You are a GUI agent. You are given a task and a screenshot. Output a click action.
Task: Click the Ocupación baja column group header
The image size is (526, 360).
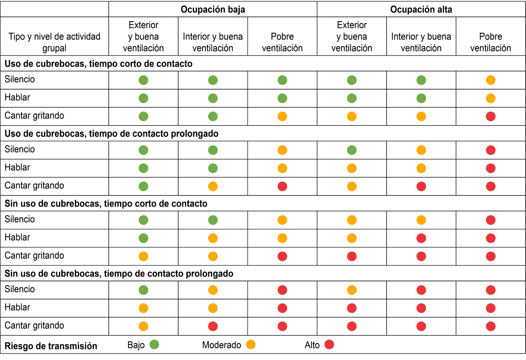[x=213, y=9]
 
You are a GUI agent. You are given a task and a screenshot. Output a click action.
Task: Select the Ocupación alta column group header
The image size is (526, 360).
[x=421, y=9]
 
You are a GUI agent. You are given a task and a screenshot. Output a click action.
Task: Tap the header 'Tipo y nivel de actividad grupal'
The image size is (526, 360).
[x=54, y=42]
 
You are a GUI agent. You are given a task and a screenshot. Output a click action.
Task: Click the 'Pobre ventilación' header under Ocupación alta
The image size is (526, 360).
[x=490, y=42]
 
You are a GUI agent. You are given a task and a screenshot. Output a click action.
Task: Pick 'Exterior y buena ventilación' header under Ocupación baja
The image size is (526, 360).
[x=143, y=37]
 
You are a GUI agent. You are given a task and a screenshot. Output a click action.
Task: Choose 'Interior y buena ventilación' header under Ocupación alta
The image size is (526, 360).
[x=421, y=42]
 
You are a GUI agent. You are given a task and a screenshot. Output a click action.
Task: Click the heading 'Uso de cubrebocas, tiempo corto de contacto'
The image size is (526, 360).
[x=98, y=64]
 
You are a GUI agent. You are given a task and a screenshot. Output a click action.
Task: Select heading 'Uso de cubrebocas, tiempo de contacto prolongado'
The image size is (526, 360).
[x=111, y=134]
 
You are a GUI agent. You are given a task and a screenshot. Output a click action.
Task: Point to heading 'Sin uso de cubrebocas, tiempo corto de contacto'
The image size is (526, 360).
[x=106, y=204]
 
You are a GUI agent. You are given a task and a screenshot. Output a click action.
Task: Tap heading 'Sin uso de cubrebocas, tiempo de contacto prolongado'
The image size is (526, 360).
[x=119, y=274]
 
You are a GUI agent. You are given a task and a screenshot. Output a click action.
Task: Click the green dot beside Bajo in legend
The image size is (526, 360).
[x=154, y=345]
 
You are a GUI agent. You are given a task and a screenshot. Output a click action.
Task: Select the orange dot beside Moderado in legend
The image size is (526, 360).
[x=251, y=345]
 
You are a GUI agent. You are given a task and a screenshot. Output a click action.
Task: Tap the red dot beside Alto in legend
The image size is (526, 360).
[x=329, y=345]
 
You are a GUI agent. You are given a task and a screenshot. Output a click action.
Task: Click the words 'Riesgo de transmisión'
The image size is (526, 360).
[x=51, y=346]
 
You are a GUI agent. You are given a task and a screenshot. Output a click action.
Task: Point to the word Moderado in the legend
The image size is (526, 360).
[x=222, y=345]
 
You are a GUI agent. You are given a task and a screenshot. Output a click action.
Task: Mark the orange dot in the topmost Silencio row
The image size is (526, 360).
[x=490, y=80]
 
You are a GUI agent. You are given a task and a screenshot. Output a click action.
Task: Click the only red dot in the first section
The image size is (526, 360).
[x=490, y=116]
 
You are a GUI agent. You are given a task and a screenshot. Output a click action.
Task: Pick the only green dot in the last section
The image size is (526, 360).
[x=143, y=290]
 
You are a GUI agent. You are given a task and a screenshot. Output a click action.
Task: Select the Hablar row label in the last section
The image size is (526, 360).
[x=17, y=307]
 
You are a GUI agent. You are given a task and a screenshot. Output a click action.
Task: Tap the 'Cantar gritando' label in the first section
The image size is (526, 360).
[x=34, y=116]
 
